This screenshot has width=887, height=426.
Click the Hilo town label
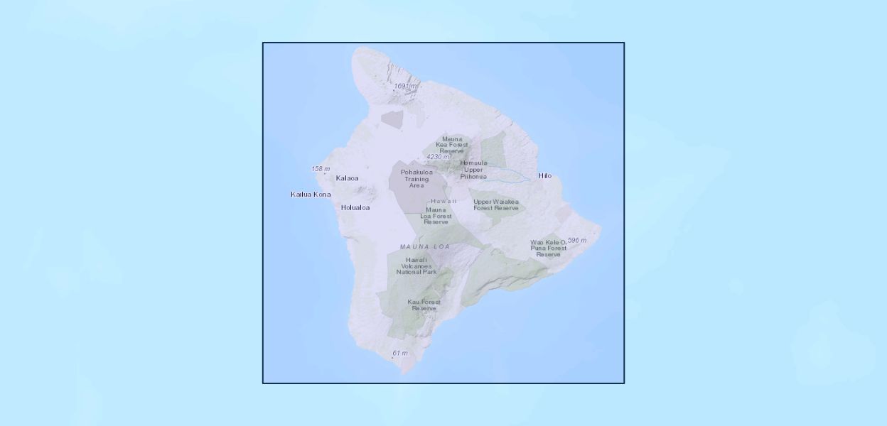(544, 176)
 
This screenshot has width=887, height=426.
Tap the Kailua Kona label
(311, 194)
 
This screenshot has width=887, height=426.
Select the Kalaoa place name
(347, 178)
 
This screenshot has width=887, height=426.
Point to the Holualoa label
(355, 207)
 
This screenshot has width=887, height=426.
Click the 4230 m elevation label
(438, 157)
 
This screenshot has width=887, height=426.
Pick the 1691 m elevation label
(406, 86)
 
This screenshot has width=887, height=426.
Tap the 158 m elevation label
(321, 169)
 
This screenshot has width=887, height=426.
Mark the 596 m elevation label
(577, 241)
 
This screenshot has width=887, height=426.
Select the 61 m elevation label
(400, 353)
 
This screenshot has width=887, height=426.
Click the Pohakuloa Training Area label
(416, 178)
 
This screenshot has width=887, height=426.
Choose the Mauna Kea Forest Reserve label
(452, 145)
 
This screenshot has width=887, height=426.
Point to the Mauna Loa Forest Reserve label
(436, 216)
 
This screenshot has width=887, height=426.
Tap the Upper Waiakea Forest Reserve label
(496, 204)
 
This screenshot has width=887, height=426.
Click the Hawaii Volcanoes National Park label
(416, 266)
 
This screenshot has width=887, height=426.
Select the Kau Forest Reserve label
(424, 305)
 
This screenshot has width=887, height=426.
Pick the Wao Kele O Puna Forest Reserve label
(549, 248)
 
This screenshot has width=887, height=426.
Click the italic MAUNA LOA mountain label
(425, 246)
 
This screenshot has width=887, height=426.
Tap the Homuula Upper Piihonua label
(473, 169)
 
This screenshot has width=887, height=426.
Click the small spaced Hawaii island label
(443, 202)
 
